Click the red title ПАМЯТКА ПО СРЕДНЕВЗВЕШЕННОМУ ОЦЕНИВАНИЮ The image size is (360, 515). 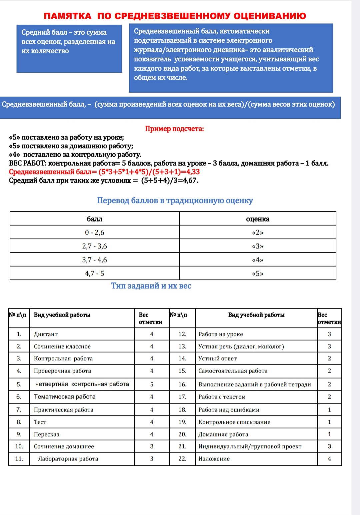pos(175,16)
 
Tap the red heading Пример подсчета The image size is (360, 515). pos(174,129)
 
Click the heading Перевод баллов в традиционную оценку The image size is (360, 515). pos(175,201)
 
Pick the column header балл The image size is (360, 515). pos(95,219)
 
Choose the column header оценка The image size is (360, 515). pos(258,219)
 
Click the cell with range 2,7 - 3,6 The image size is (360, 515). pos(95,246)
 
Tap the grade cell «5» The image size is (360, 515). pos(258,273)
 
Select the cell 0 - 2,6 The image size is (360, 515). pos(95,233)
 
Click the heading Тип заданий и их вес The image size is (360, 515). pos(151,286)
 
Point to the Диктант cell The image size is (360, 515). pos(46,334)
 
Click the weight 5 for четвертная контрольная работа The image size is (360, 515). pos(152,384)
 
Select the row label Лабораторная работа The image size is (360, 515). pos(68,459)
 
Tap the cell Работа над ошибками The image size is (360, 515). pos(229,410)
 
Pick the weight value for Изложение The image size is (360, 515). pos(329,459)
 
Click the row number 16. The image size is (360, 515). pos(182,384)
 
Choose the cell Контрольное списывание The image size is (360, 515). pos(234,422)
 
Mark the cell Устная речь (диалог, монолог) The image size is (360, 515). pos(241,346)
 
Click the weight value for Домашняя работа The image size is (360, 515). pos(329,434)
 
